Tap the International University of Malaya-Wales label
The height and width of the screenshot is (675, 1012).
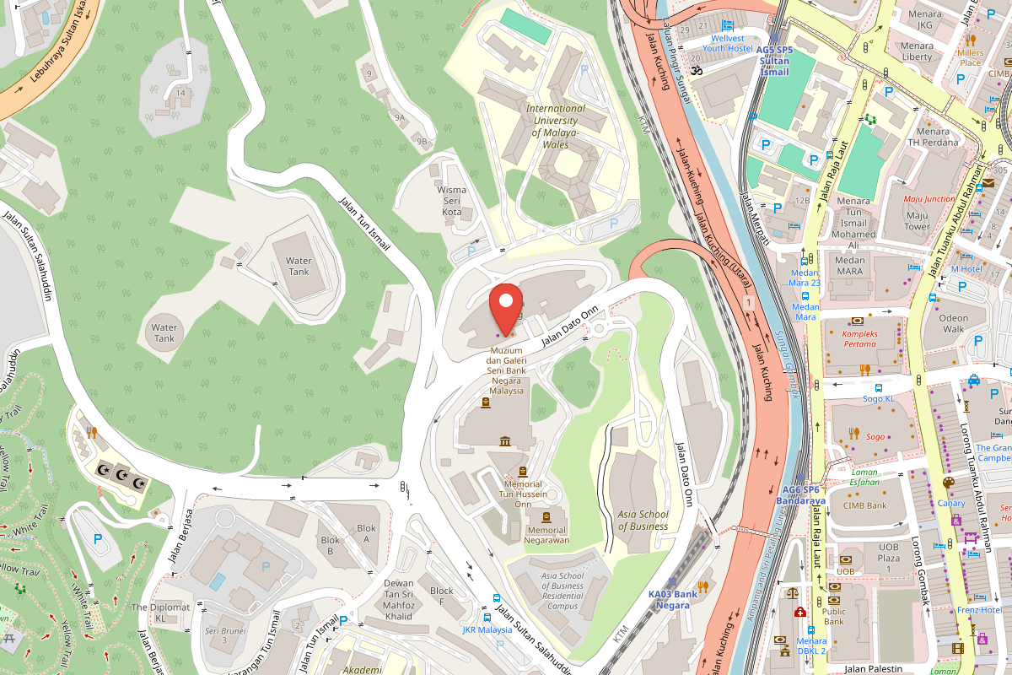(x=555, y=127)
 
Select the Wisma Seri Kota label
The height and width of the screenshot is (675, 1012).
(x=452, y=201)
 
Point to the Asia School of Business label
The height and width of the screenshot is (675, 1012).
(x=643, y=521)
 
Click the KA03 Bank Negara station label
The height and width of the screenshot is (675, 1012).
(x=672, y=599)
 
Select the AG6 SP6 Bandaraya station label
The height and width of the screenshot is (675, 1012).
(x=802, y=494)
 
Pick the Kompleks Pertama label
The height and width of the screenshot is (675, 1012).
(x=866, y=339)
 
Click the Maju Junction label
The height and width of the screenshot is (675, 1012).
(x=929, y=199)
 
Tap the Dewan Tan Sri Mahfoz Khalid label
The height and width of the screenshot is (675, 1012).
(x=399, y=599)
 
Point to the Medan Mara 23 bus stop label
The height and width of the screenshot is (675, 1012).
(x=805, y=277)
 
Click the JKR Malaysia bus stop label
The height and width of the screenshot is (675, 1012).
(x=487, y=629)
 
